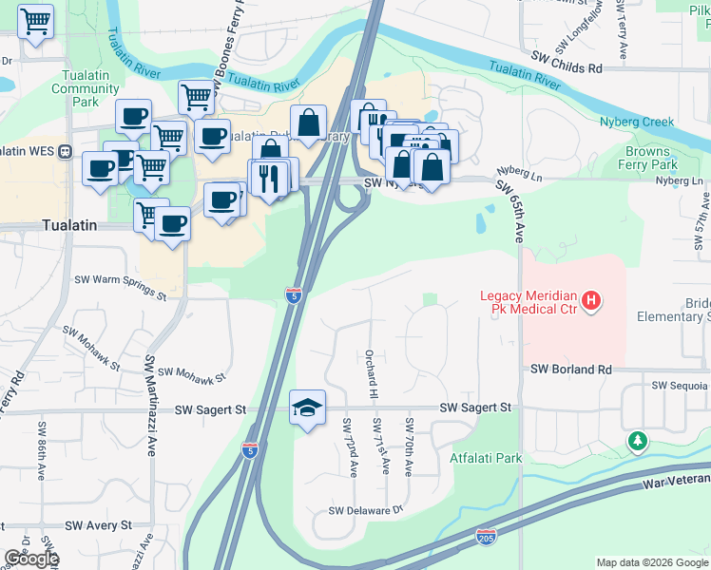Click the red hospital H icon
tap(591, 302)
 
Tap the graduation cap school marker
tap(307, 408)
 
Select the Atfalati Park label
tap(487, 458)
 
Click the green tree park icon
tap(637, 442)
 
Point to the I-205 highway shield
tap(485, 538)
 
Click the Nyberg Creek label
tap(636, 122)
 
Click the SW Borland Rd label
tap(570, 369)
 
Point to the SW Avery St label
tap(98, 525)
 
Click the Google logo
tap(31, 559)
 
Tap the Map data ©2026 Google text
tap(651, 562)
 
